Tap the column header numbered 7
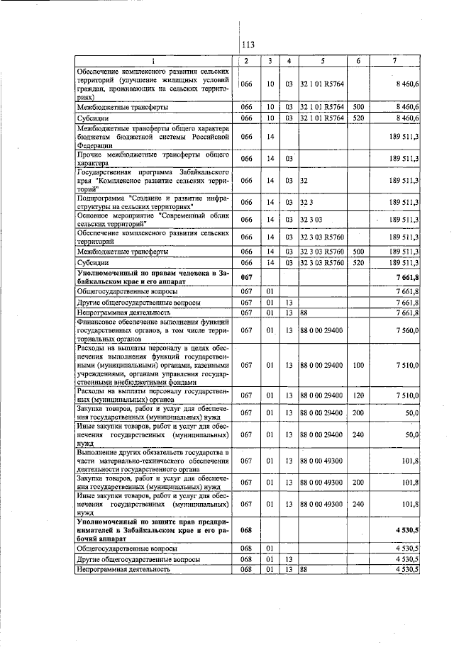[394, 61]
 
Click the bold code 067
[247, 277]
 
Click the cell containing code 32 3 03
[311, 220]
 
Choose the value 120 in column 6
[358, 394]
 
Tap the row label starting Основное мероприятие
[153, 220]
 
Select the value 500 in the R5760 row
[358, 251]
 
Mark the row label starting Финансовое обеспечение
[153, 330]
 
